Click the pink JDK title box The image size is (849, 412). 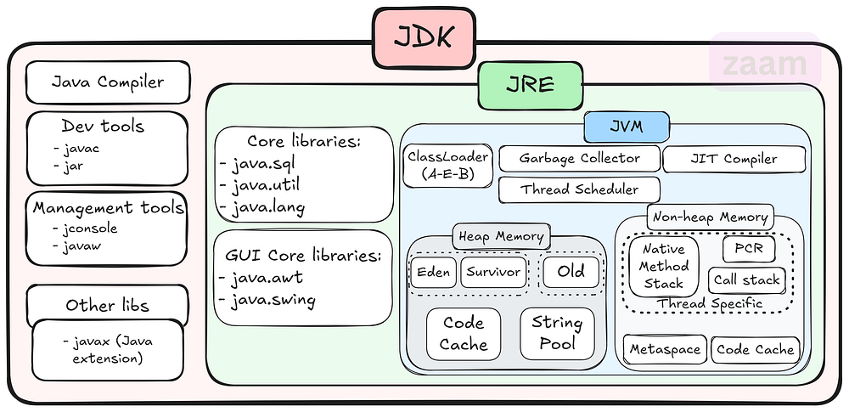point(423,37)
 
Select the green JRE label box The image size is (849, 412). point(530,85)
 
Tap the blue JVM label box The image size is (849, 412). point(626,127)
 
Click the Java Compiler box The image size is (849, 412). point(107,82)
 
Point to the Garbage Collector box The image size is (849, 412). point(580,159)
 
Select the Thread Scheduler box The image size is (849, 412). point(580,189)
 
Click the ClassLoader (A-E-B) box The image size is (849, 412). point(447,166)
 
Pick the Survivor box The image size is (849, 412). point(492,273)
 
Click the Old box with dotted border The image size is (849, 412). point(570,273)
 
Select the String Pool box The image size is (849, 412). point(557,333)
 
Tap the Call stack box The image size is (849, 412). point(746,279)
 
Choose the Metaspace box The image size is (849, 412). point(665,349)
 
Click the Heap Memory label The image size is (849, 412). point(500,235)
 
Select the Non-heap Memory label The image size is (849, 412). point(710,217)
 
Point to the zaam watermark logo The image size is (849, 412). point(764,65)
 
